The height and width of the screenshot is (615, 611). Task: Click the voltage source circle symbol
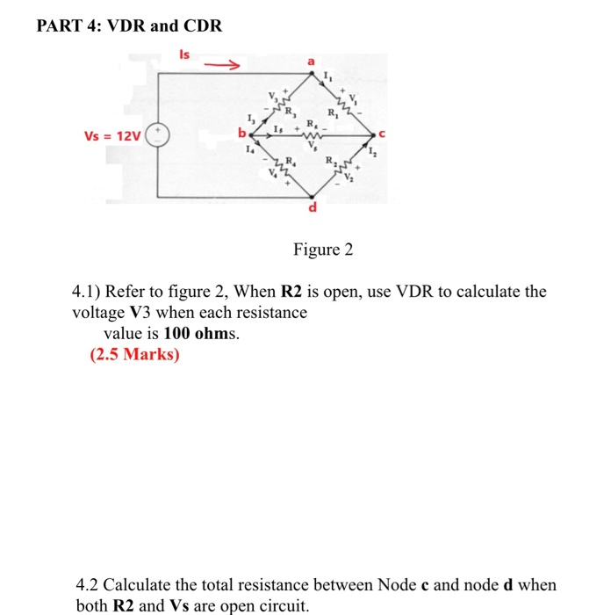[x=158, y=135]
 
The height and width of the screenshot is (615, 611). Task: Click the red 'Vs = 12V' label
[x=111, y=136]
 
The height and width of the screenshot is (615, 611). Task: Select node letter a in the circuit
[x=309, y=61]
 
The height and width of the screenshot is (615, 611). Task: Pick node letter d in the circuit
[x=311, y=209]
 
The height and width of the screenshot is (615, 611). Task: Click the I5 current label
[x=277, y=128]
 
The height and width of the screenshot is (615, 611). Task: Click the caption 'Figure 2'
[x=322, y=250]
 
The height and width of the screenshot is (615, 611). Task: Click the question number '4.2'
[x=90, y=584]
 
